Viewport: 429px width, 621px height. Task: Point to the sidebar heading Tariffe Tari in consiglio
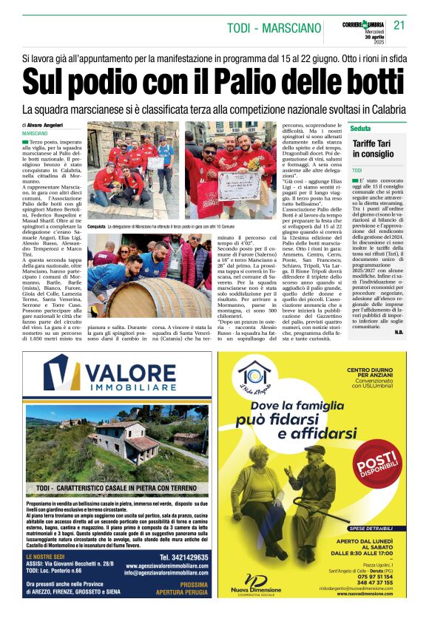pos(374,148)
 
